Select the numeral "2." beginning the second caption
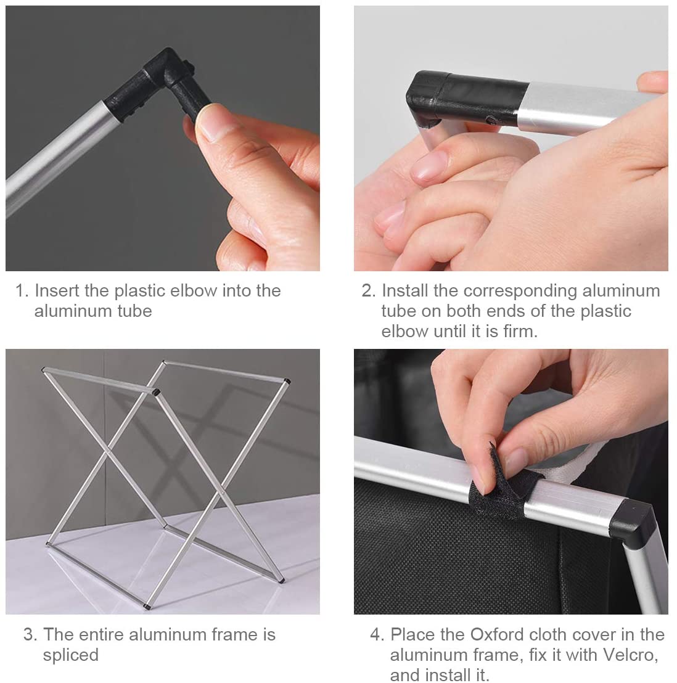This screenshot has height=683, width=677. tap(368, 290)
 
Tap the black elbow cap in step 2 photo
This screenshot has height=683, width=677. tap(466, 99)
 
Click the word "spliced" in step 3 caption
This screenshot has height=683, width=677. tap(70, 655)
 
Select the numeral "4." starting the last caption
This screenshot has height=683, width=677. tap(377, 635)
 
